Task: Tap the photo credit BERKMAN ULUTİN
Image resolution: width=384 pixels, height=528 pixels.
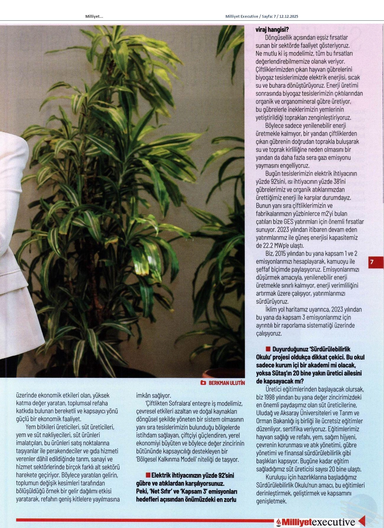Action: [x=227, y=383]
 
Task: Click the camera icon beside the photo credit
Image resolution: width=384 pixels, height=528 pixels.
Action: [x=203, y=383]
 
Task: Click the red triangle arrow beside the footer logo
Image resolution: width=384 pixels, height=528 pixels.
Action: [x=362, y=521]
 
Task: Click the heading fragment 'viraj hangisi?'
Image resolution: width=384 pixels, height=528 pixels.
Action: [x=272, y=30]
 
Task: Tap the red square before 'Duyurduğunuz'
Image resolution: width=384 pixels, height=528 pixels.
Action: [x=268, y=349]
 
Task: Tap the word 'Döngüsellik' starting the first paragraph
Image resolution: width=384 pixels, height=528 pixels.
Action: [x=280, y=38]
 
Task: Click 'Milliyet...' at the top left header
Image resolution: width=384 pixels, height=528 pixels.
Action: [x=94, y=17]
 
